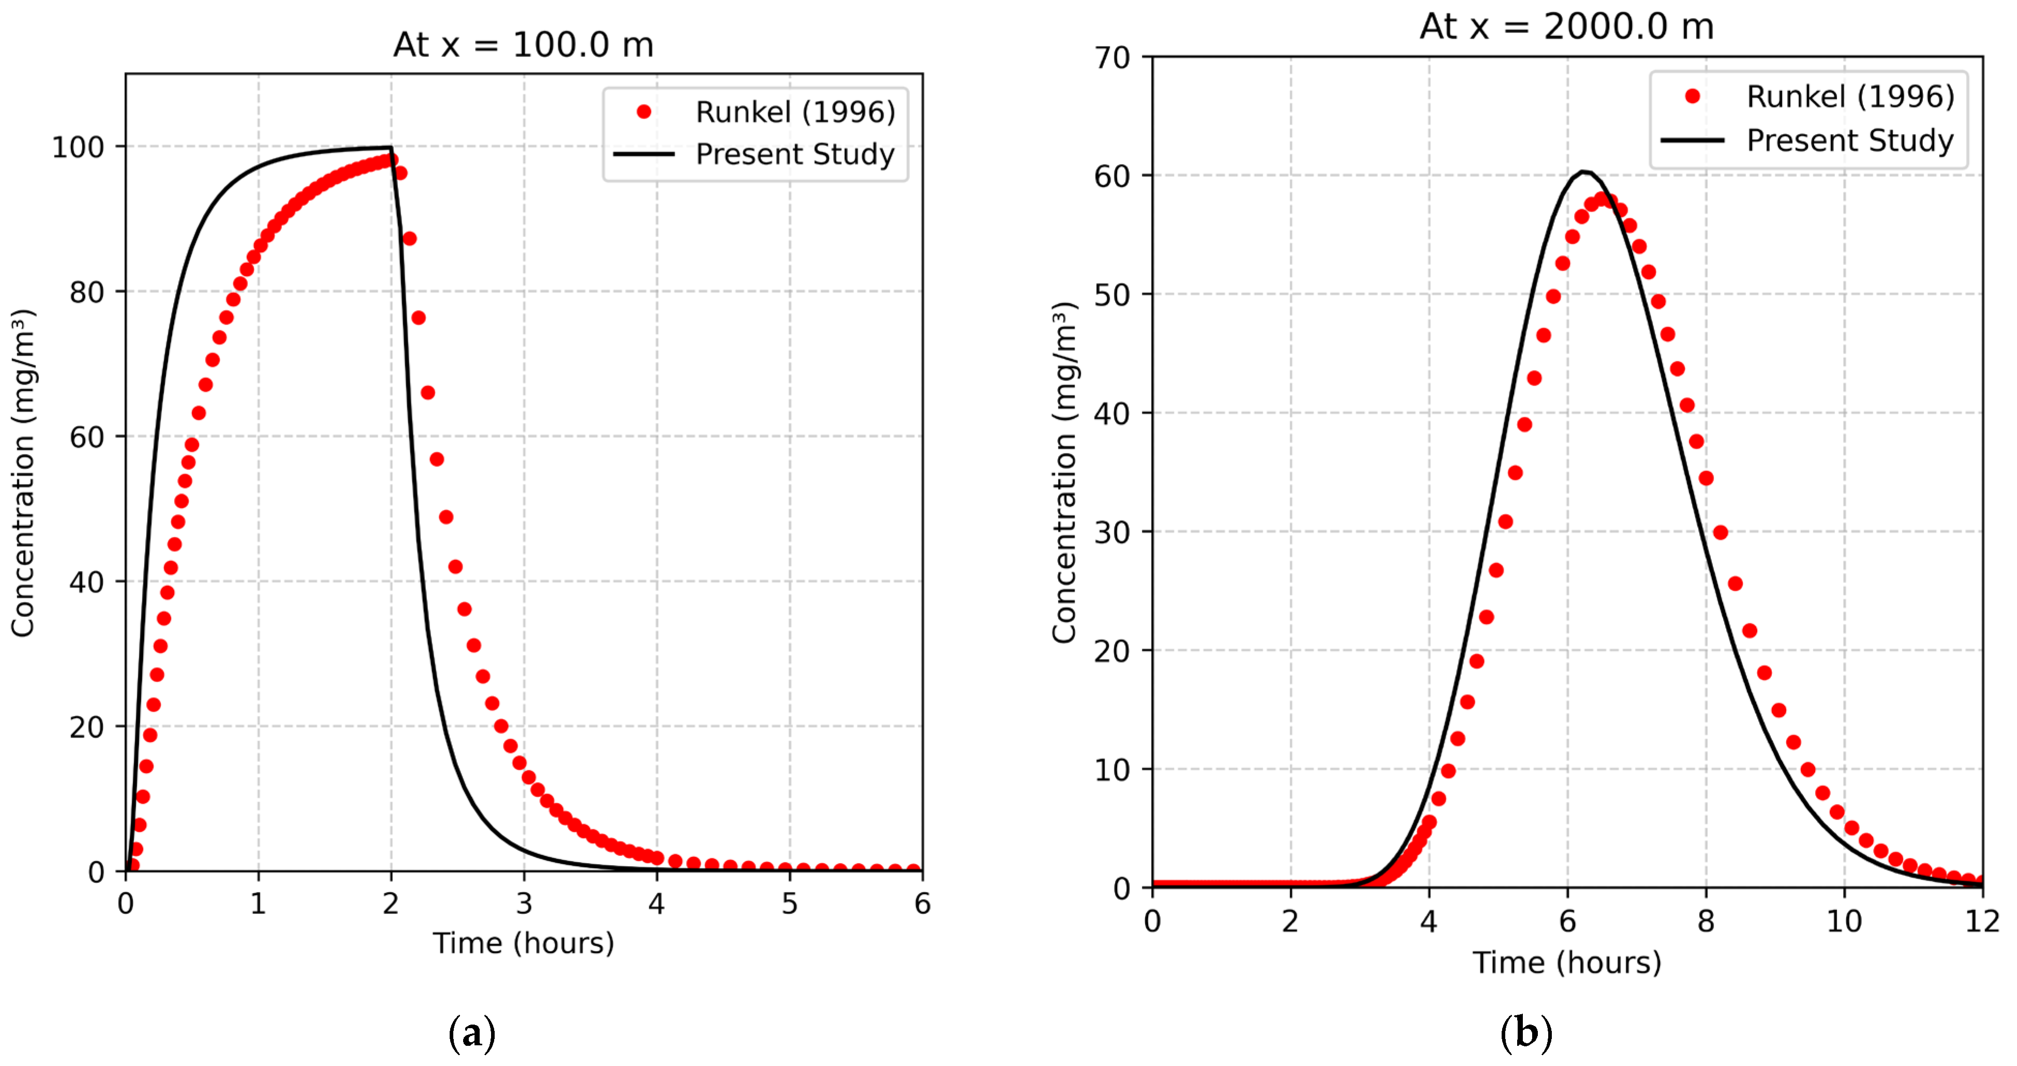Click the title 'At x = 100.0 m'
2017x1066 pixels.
tap(523, 45)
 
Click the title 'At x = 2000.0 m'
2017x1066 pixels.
tap(1567, 26)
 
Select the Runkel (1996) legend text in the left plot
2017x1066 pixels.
tap(795, 112)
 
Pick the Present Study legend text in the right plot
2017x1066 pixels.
tap(1849, 140)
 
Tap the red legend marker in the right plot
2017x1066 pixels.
tap(1692, 96)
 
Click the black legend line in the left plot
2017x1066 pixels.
tap(644, 154)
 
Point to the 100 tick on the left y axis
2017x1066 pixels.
tap(78, 147)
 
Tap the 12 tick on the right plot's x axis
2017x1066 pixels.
tap(1982, 921)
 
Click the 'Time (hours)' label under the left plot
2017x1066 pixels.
tap(523, 943)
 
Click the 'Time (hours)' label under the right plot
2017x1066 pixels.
tap(1567, 962)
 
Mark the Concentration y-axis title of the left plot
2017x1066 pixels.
tap(23, 472)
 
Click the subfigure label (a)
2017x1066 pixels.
tap(472, 1034)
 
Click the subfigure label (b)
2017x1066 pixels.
tap(1525, 1034)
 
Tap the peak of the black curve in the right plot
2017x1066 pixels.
tap(1584, 171)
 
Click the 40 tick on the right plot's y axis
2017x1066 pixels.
tap(1113, 414)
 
